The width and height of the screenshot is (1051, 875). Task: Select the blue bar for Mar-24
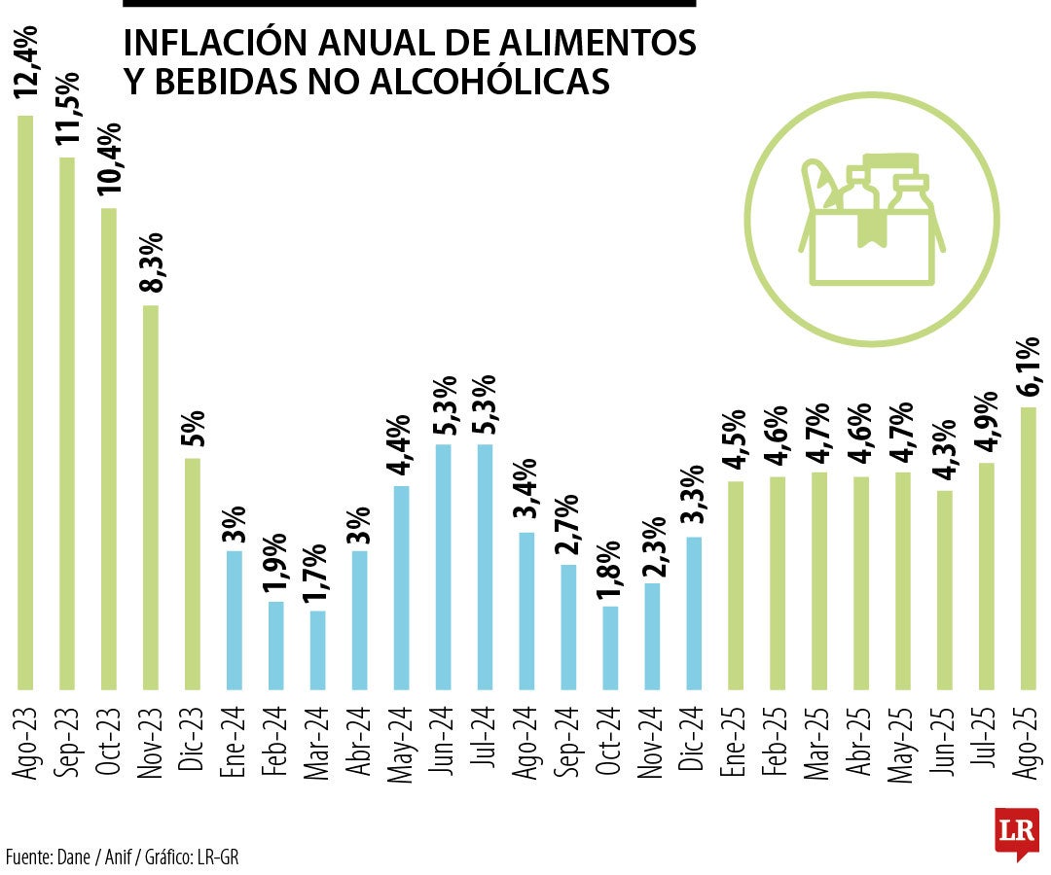(318, 649)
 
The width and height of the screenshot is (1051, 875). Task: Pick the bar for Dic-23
(193, 573)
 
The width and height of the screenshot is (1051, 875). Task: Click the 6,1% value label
(1029, 367)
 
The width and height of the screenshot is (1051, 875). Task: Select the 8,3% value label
(151, 265)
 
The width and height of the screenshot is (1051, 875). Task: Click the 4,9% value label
(986, 424)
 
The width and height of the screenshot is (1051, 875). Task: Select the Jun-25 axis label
(944, 741)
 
